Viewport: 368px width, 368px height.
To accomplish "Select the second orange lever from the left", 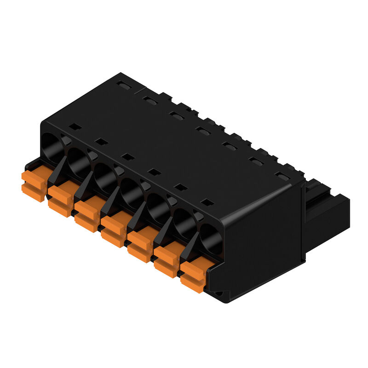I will pyautogui.click(x=60, y=197).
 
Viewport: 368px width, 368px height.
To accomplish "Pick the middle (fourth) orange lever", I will pyautogui.click(x=113, y=227).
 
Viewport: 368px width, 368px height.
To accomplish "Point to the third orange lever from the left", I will pyautogui.click(x=86, y=212).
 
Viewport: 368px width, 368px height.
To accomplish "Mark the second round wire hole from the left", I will pyautogui.click(x=78, y=159).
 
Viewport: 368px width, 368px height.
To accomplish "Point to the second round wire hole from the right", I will pyautogui.click(x=184, y=221).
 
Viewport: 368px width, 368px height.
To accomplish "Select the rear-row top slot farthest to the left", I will pyautogui.click(x=122, y=85).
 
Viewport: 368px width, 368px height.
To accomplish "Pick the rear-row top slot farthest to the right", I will pyautogui.click(x=282, y=176).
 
